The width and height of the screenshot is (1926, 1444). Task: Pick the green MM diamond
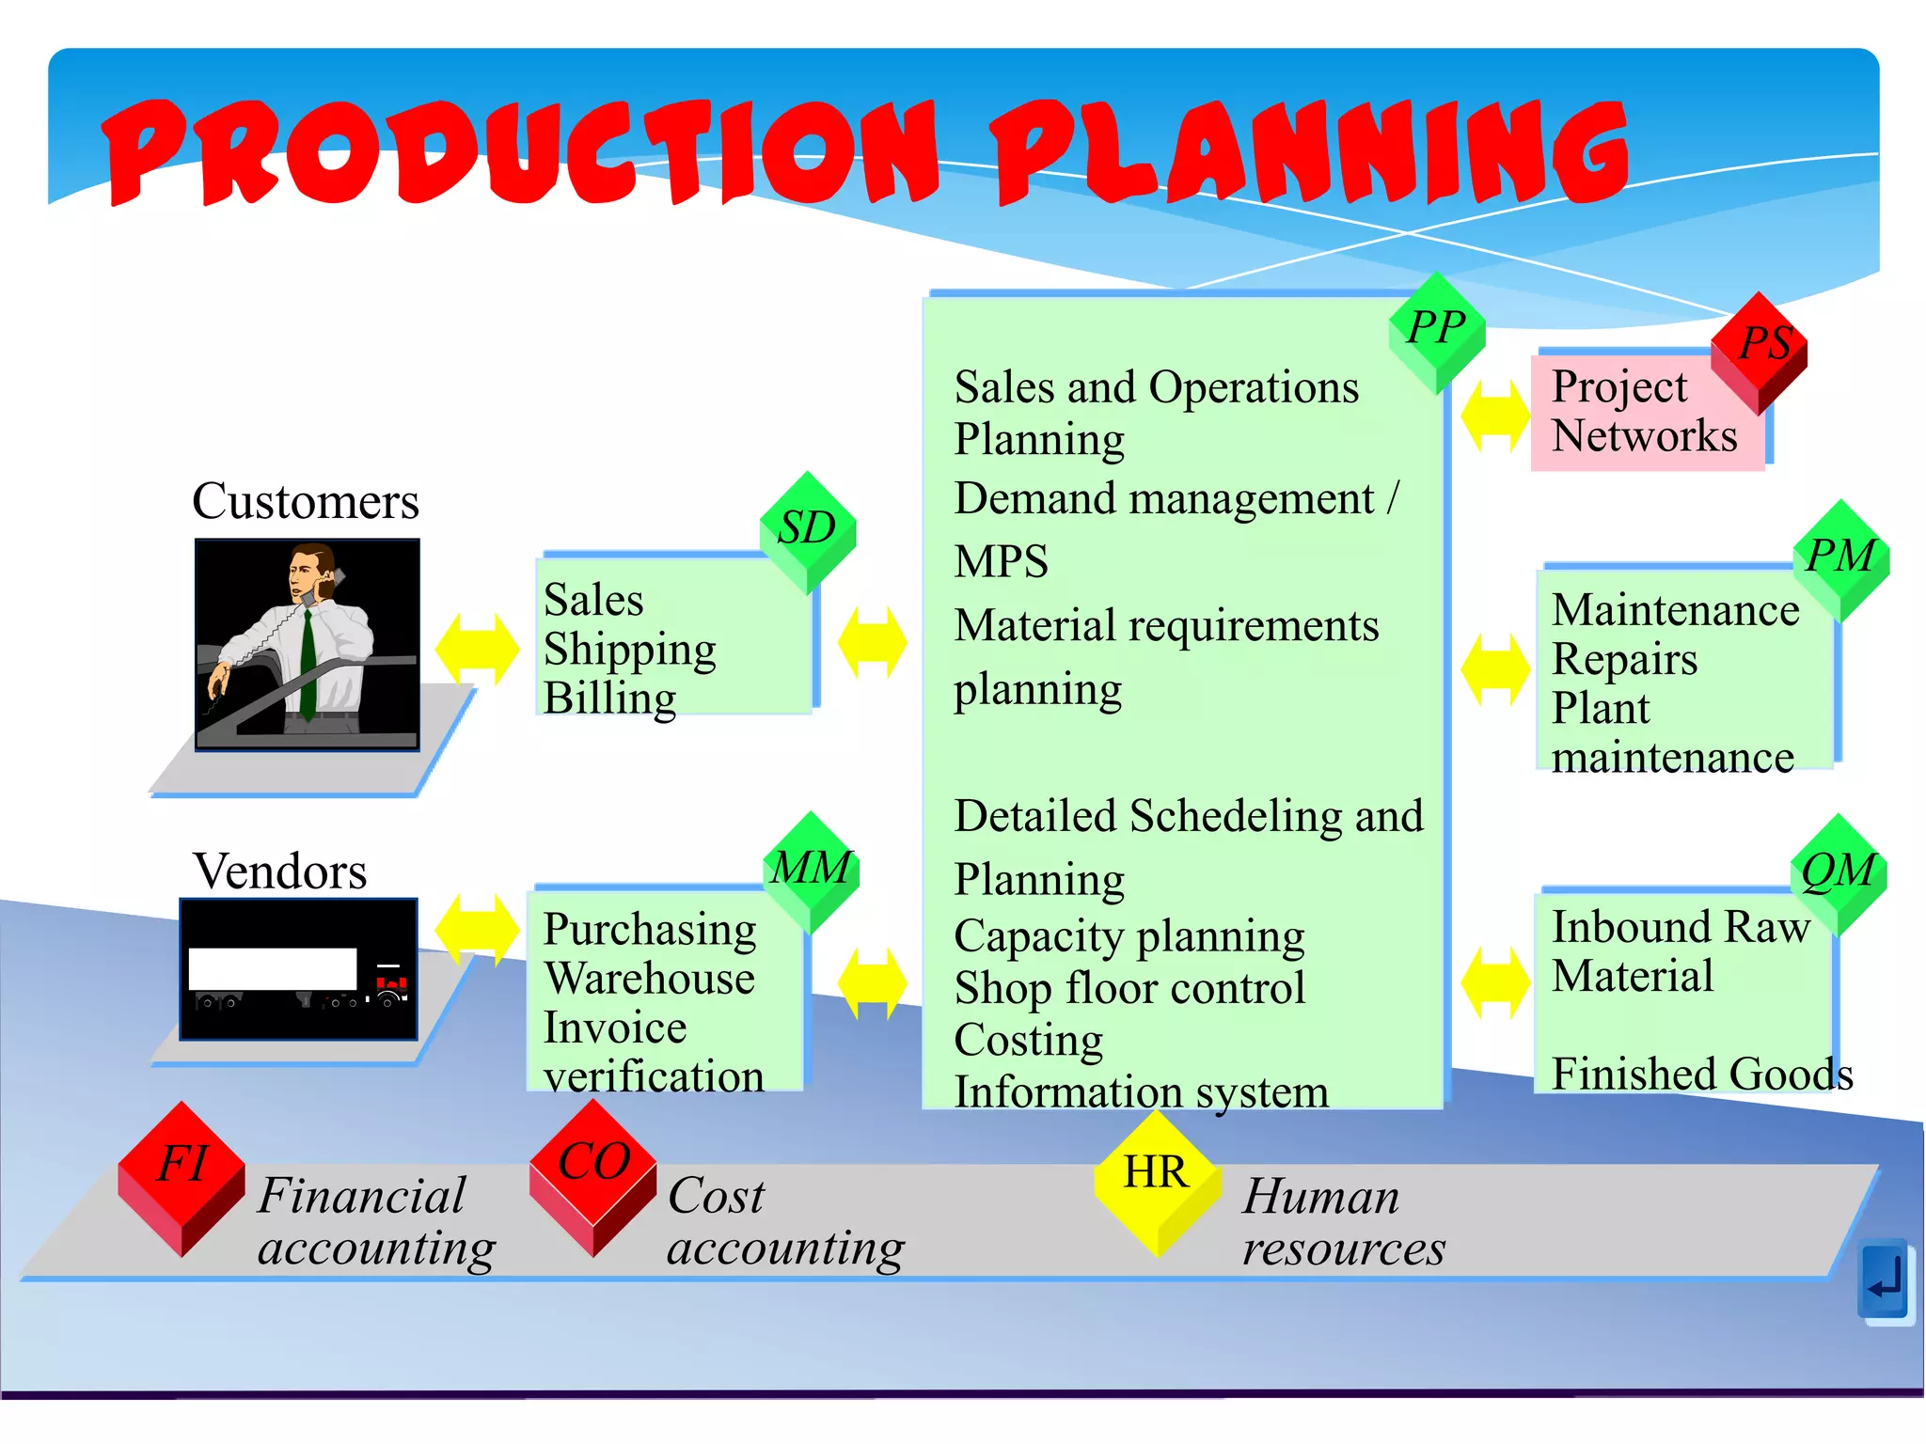811,870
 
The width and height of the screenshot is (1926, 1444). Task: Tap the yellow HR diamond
1157,1180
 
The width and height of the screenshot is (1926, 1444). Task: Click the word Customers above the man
306,501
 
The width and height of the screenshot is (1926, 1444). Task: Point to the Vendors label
280,871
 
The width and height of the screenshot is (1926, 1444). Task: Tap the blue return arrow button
1884,1280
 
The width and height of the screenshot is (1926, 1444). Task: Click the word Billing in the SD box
609,698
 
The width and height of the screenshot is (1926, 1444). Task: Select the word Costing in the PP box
1028,1041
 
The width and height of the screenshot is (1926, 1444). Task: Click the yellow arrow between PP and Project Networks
1495,416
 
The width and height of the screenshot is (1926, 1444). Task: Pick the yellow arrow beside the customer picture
477,648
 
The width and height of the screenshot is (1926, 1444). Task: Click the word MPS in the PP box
1001,562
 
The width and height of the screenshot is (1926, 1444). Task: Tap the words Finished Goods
1701,1074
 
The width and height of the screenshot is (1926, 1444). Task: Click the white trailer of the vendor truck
273,968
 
